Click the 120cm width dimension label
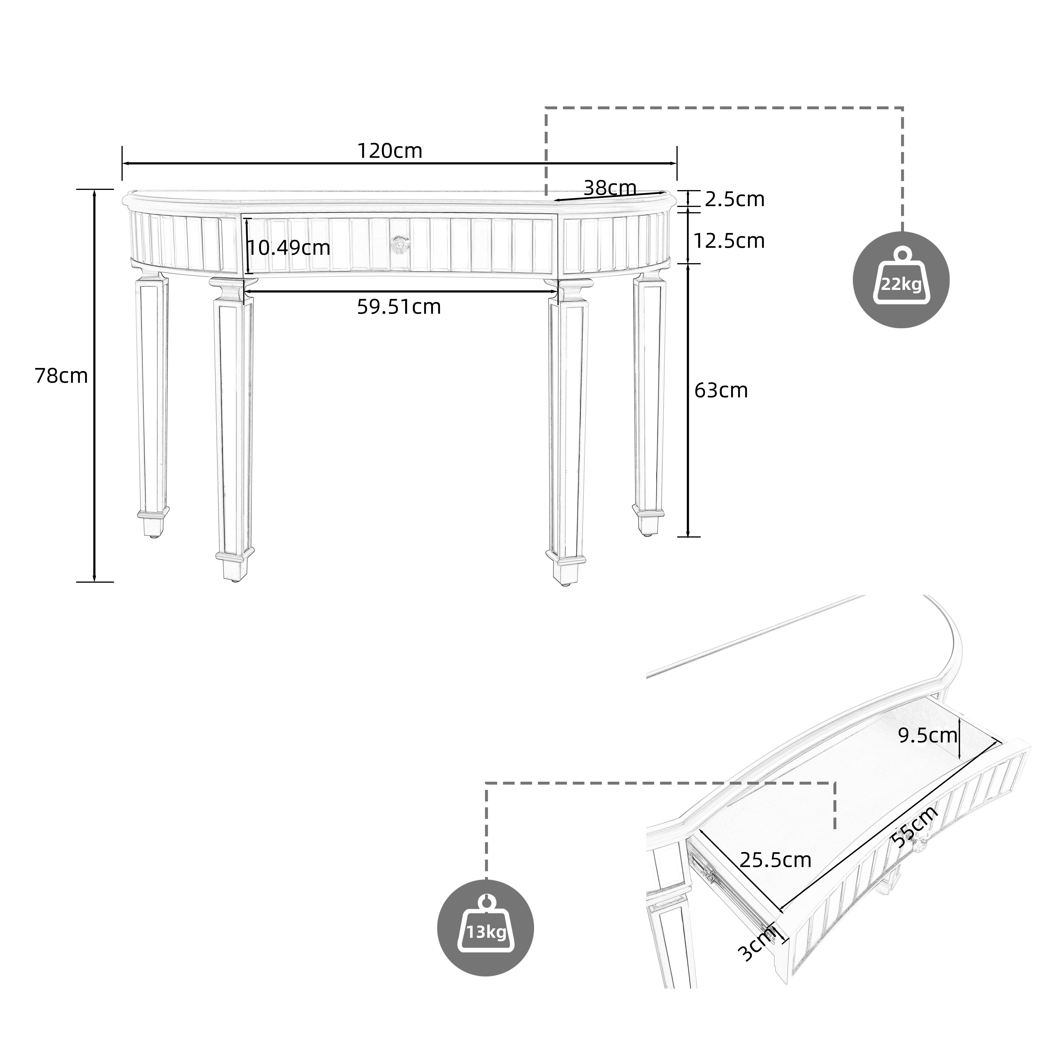coord(390,151)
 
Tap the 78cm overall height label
coord(61,376)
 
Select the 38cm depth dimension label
coord(609,188)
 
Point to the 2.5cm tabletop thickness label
coord(734,200)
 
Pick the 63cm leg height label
coord(721,390)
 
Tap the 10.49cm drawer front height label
coord(289,248)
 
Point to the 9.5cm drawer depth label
coord(927,735)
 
